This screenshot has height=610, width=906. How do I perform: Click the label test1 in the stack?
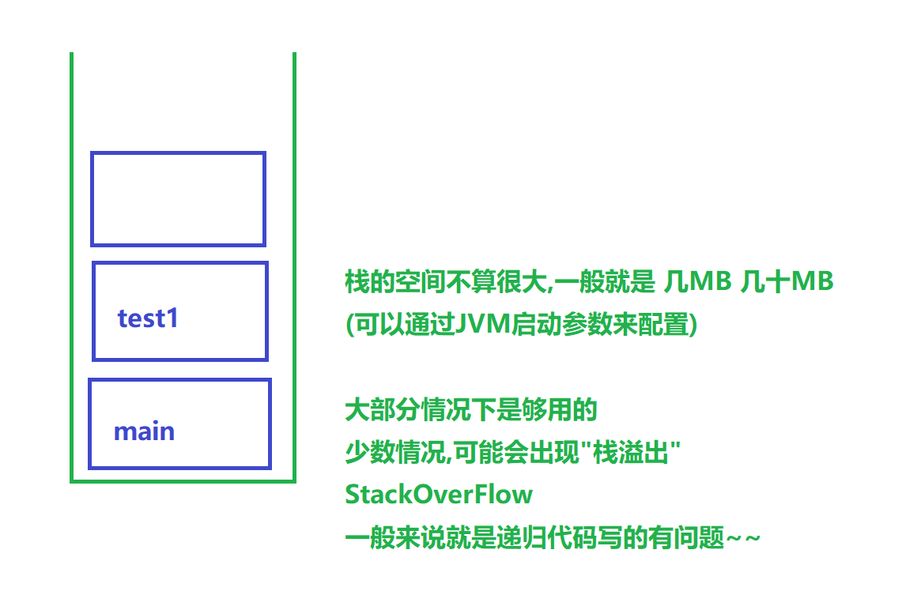pyautogui.click(x=148, y=318)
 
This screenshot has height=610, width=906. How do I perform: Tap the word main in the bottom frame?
pyautogui.click(x=144, y=431)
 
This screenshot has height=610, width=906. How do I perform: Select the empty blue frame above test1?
pyautogui.click(x=178, y=198)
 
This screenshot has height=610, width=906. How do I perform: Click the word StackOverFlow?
pyautogui.click(x=439, y=495)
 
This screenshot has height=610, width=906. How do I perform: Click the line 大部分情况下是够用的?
pyautogui.click(x=470, y=410)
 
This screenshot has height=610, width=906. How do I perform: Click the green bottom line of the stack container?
pyautogui.click(x=183, y=480)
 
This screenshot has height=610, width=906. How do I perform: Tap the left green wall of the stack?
pyautogui.click(x=72, y=261)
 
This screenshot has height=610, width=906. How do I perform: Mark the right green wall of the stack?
pyautogui.click(x=294, y=261)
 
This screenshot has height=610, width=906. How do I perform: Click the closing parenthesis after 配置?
pyautogui.click(x=693, y=325)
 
